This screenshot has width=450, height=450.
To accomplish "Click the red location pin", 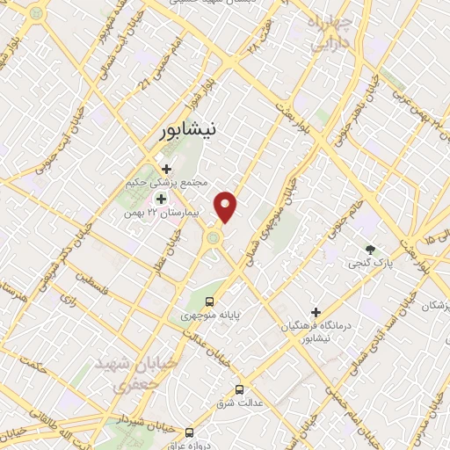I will tap(227, 206).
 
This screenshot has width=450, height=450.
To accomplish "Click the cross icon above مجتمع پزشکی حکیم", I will tap(165, 168).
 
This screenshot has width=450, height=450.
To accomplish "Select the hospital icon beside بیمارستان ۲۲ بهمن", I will tap(160, 198).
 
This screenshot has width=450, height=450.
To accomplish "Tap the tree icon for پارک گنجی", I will tap(370, 249).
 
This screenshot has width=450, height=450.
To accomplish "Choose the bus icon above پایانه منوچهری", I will tap(209, 301).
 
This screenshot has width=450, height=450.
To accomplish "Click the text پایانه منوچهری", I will tap(210, 315).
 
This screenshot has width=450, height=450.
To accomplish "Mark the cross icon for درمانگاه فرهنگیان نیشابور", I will tap(316, 312).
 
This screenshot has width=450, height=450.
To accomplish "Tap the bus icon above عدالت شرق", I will tap(239, 389).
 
